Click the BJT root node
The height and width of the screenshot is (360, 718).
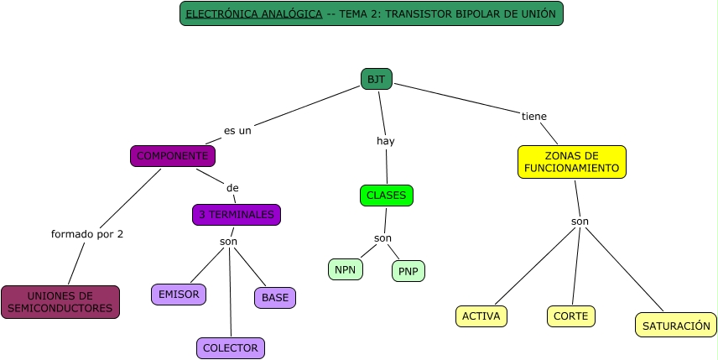pos(377,79)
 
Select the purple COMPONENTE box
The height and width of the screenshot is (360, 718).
pos(173,156)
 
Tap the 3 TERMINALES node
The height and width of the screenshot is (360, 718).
pos(237,215)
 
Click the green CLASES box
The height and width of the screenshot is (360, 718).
pos(387,196)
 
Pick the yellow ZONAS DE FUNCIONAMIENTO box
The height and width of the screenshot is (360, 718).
pos(572,162)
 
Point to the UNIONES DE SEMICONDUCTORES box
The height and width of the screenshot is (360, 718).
pos(60,302)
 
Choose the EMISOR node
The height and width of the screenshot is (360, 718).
pos(179,295)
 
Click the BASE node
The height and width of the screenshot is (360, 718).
pos(275,298)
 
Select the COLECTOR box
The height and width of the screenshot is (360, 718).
pos(231,347)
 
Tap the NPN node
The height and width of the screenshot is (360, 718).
pos(346,269)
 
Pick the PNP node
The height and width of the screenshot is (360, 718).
pos(408,271)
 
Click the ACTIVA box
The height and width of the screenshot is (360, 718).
pos(481,316)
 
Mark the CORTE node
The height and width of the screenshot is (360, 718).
pos(572,316)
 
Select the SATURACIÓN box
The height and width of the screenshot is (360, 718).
pos(676,325)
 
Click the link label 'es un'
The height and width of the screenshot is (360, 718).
pos(237,131)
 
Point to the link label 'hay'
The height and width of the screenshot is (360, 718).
pos(385,141)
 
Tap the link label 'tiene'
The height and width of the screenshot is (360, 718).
pos(534,116)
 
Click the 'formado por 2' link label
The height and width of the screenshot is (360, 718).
pos(87,234)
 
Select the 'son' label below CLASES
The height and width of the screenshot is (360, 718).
pos(383,238)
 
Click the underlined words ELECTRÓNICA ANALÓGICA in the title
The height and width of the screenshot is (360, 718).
pos(253,14)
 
